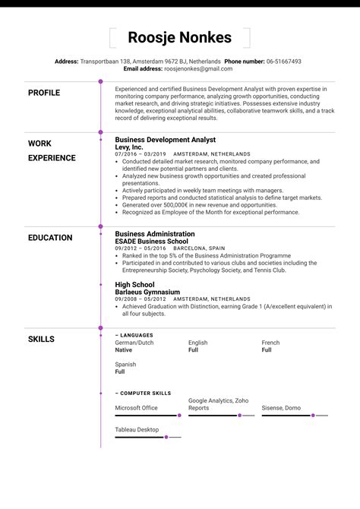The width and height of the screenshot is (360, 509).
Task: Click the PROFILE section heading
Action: (x=44, y=93)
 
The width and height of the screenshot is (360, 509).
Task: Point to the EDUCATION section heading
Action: (x=50, y=238)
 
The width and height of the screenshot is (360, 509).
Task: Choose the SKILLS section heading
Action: (x=41, y=339)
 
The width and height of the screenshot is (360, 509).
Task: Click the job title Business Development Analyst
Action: (x=165, y=140)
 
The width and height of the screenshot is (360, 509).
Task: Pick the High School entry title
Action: (x=134, y=285)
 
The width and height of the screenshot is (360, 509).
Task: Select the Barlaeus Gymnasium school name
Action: (x=147, y=292)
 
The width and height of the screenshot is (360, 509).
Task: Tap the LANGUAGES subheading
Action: (x=136, y=334)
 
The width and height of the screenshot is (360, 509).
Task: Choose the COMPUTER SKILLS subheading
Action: (x=145, y=393)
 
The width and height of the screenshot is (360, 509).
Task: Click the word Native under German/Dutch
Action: (x=123, y=350)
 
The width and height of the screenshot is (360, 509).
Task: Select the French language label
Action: (x=271, y=343)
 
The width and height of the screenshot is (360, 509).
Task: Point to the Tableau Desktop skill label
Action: (x=137, y=430)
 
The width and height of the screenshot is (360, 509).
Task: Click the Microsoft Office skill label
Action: (x=136, y=408)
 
